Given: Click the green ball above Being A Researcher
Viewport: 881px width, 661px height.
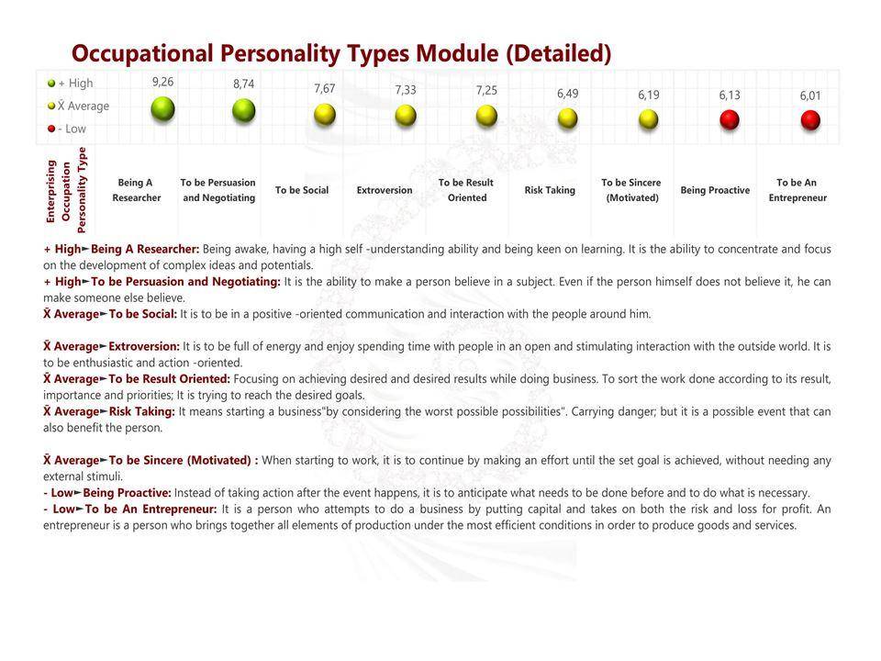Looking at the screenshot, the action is pos(163,108).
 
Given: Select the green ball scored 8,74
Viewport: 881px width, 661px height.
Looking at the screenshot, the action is pos(244,110).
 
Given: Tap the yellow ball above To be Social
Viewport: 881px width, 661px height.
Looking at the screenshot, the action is pos(325,114).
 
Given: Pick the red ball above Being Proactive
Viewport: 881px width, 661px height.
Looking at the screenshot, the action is pos(730,119).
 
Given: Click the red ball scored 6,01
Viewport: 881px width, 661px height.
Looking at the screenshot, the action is pos(810,119).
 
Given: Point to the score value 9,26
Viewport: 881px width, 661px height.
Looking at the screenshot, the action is pos(163,82).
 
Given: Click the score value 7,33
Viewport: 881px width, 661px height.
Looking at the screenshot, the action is pos(406,90).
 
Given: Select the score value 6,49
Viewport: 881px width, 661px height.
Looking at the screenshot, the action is pos(567,94).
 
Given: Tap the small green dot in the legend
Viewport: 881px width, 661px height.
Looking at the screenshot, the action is pos(51,84).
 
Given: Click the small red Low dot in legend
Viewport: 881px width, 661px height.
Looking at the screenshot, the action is pos(51,129).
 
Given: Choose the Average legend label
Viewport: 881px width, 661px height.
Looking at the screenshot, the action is pos(84,106).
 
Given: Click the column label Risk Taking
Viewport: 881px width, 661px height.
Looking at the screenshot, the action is pos(550,190).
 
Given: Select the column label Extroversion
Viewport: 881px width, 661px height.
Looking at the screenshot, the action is pos(385,190).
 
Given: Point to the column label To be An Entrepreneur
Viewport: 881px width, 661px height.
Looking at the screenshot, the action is pos(797,190).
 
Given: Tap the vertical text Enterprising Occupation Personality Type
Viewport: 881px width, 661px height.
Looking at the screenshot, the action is pos(66,191).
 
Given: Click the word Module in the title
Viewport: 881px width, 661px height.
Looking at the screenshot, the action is pos(457,53).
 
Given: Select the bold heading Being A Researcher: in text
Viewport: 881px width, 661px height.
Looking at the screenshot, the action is pos(145,249).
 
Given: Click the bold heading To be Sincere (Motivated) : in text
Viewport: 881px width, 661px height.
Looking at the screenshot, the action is pos(184,460).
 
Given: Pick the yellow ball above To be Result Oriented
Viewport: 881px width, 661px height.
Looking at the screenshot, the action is pos(486,116).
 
